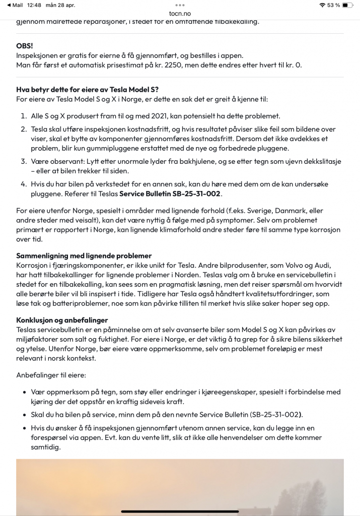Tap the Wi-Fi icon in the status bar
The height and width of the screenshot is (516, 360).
coord(322,5)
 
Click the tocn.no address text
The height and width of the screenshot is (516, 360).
coord(180,14)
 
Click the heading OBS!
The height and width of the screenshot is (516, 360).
coord(25,46)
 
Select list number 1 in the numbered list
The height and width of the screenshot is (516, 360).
coord(23,116)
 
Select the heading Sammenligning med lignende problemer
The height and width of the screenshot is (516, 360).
coord(84,255)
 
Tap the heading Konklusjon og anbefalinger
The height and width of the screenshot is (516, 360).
coord(62,320)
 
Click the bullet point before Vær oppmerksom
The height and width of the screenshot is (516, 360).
coord(25,392)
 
